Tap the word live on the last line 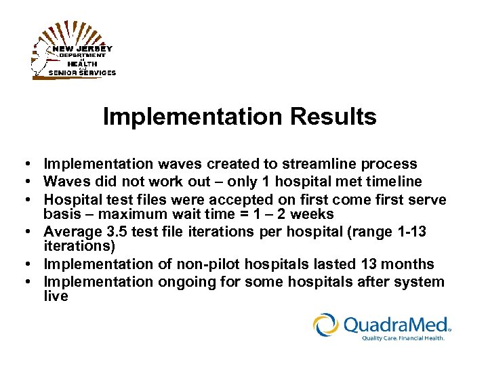[56, 297]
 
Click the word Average [70, 232]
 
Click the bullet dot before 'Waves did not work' [23, 182]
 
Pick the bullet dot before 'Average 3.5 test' [23, 232]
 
